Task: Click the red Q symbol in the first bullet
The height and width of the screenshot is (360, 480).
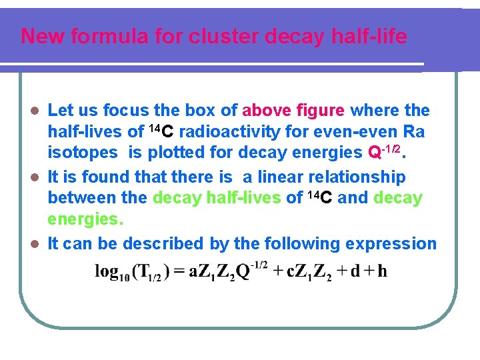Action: (375, 153)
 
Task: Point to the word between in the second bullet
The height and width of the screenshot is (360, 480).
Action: (82, 198)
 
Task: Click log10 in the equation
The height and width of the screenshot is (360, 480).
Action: (111, 272)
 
